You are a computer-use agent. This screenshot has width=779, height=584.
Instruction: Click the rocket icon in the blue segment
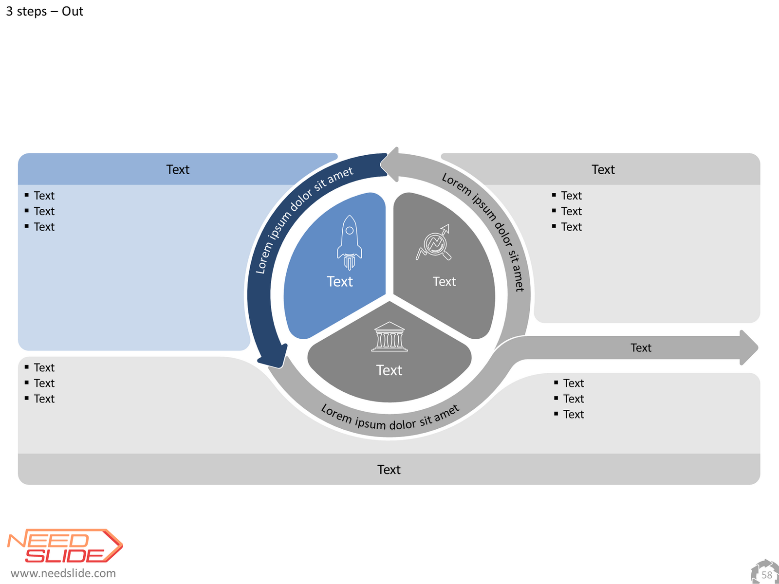349,242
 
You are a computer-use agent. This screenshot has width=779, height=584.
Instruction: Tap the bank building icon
389,336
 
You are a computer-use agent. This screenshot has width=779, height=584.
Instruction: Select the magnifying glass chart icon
434,242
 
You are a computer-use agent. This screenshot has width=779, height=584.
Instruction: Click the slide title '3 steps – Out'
45,11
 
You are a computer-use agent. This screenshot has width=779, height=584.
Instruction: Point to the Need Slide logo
65,546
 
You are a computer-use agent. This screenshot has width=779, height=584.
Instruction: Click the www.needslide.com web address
63,573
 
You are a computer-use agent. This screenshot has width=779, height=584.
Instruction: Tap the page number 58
766,575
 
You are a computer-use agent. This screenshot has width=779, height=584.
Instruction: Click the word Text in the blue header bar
178,169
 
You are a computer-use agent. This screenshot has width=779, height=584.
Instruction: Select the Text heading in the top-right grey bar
603,169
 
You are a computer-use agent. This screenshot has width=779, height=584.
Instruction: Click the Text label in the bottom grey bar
389,470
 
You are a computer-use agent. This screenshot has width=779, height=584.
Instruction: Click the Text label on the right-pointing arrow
641,348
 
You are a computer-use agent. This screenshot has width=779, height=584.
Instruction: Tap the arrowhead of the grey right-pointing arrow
749,348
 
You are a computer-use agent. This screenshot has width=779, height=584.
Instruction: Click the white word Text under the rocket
340,282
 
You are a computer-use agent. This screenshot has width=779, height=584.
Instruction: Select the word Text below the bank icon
389,370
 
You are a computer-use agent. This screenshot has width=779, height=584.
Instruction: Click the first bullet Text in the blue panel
44,196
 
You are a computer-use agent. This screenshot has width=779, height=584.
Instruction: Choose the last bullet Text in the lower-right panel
574,415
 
